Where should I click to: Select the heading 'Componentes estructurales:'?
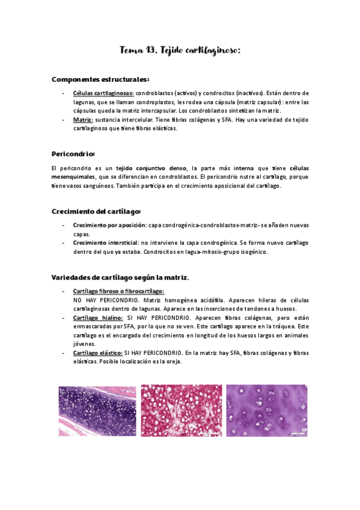[100, 79]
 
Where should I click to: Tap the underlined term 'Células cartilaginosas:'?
[103, 94]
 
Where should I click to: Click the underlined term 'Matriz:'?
[83, 120]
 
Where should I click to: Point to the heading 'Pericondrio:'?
[73, 153]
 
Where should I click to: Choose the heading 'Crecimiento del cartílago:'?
[96, 211]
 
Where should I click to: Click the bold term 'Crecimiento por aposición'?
[109, 226]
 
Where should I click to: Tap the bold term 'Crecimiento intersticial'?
[105, 243]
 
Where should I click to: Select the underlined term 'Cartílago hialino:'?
[98, 318]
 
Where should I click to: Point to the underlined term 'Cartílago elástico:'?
[98, 352]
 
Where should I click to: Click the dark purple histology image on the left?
[97, 411]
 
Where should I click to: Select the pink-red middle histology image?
[180, 411]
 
